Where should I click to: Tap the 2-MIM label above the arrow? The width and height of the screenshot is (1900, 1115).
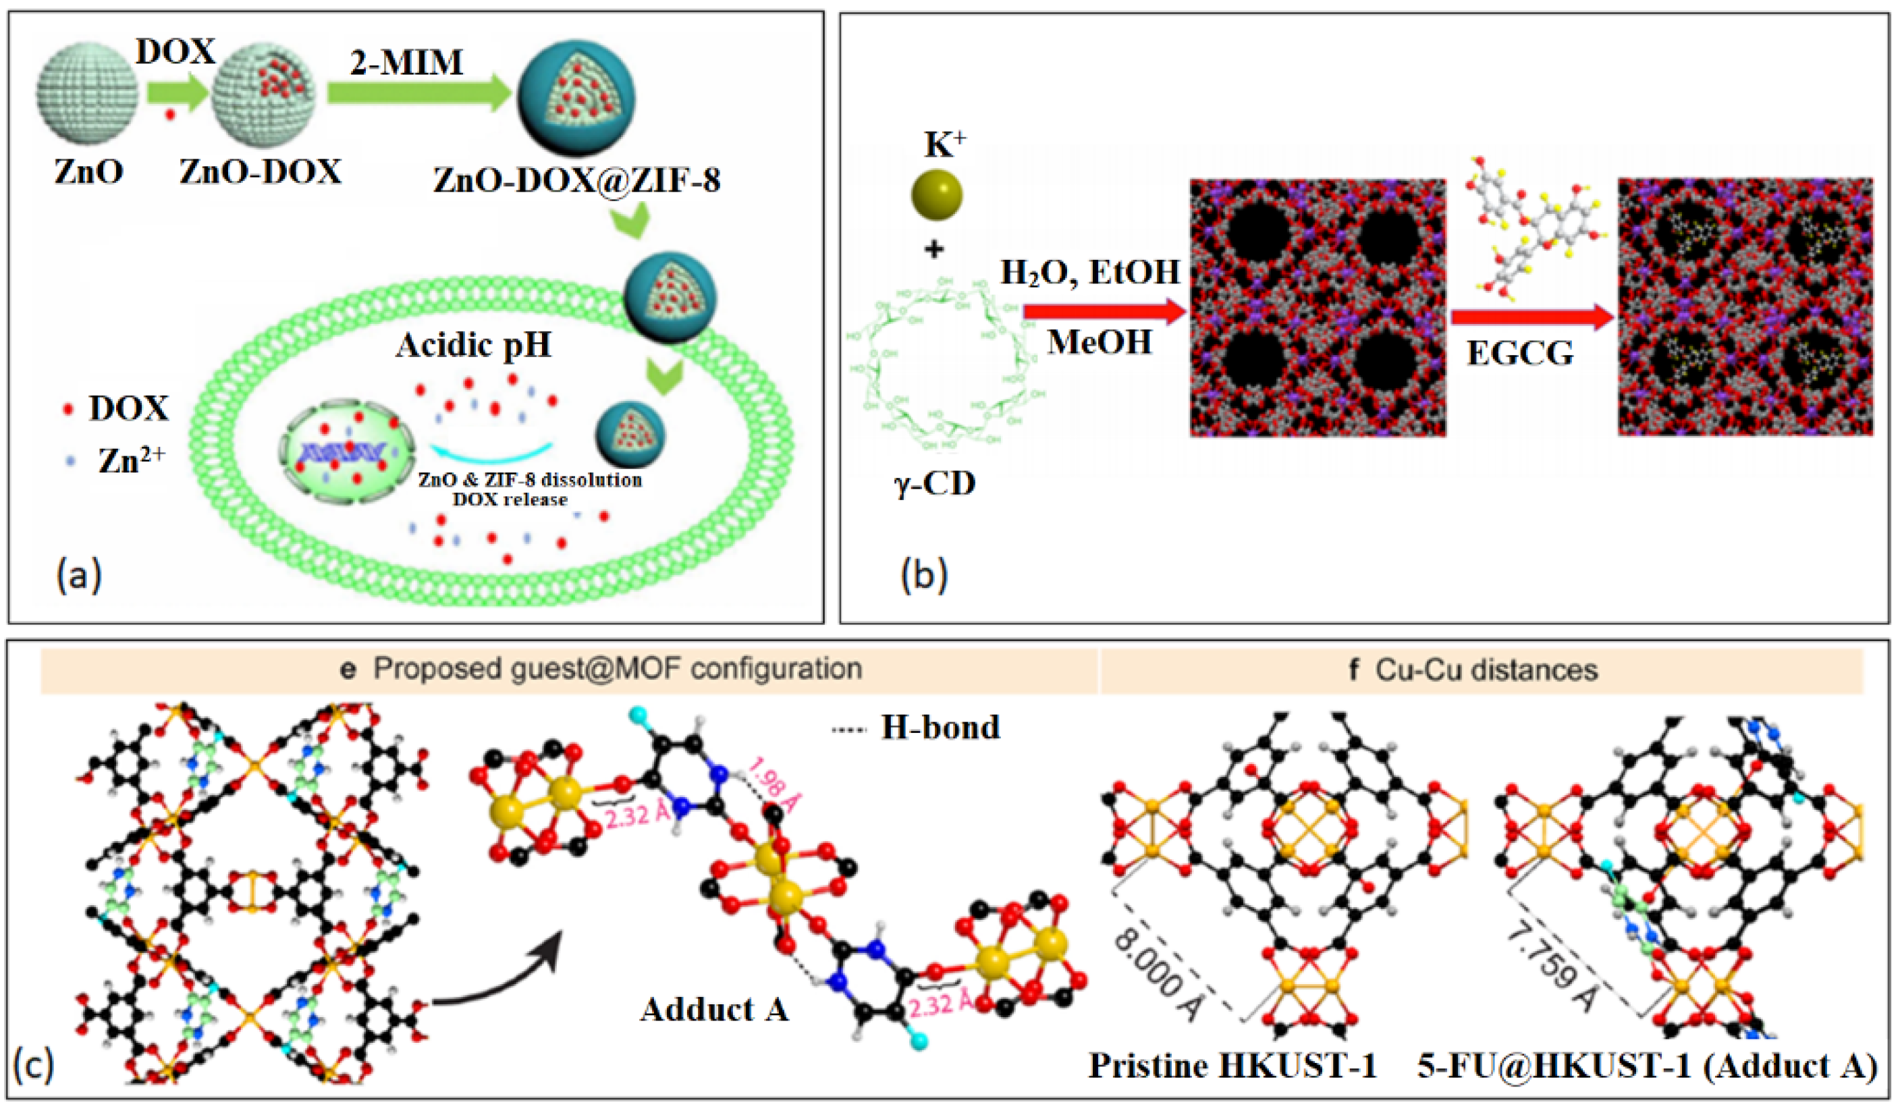point(407,62)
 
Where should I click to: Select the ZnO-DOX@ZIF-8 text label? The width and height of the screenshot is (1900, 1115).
point(577,180)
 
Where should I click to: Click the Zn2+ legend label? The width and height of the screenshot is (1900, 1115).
point(130,460)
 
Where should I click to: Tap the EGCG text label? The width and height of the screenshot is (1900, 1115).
point(1520,353)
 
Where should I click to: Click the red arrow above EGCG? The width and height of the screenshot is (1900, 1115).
point(1531,317)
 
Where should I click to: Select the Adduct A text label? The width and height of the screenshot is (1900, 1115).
point(714,1009)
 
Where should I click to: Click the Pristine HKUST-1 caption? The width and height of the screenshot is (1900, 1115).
point(1232,1065)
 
